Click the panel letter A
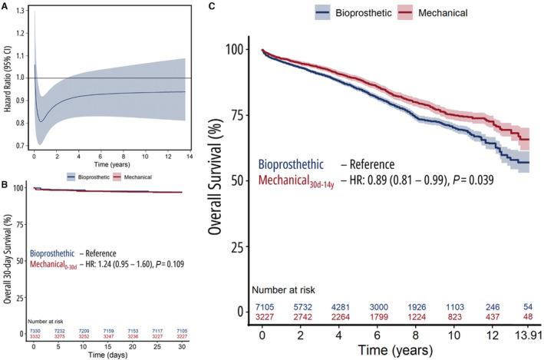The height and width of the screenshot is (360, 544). pos(5,6)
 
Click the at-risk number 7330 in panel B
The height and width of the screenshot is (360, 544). pos(35,331)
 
